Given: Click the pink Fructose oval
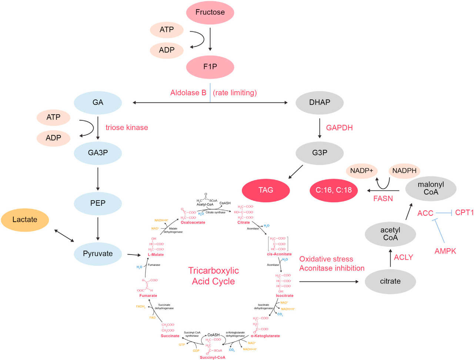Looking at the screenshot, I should click(210, 13).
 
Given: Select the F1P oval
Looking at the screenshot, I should click(210, 67).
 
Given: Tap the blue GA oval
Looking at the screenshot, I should click(98, 102).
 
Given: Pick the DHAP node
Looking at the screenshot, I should click(319, 102).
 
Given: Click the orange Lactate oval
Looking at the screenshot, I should click(25, 220).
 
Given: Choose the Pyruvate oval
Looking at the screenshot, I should click(98, 254).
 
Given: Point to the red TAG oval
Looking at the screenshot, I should click(266, 190).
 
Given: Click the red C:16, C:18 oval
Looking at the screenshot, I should click(333, 190).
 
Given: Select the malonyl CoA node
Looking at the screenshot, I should click(431, 188).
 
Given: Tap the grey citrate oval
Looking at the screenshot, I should click(390, 281).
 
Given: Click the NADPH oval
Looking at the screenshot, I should click(404, 171).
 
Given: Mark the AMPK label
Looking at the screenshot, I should click(445, 251).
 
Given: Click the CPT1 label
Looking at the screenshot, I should click(464, 213).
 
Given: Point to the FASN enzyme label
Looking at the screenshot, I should click(383, 199).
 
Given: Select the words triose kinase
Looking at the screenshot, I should click(127, 128).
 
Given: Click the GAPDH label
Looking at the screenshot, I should click(339, 128).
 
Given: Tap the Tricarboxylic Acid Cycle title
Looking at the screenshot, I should click(213, 276).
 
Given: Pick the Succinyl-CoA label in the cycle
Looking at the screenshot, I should click(212, 357).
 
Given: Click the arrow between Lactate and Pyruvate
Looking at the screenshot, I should click(64, 236).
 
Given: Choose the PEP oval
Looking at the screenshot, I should click(98, 203).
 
